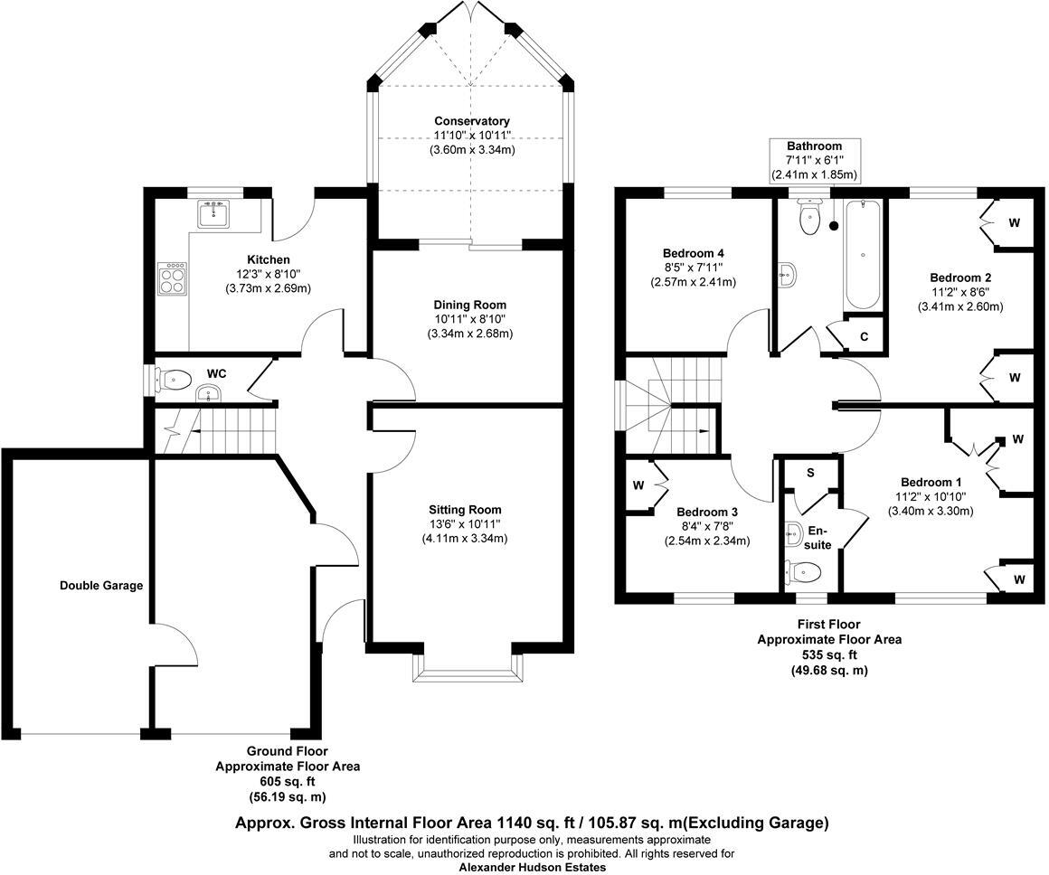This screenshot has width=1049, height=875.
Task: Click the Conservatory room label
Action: [x=472, y=121]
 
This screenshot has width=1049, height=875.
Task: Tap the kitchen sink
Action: [x=215, y=213]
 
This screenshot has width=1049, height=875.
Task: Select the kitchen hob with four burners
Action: [x=172, y=278]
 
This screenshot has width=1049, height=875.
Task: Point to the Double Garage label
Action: [x=101, y=585]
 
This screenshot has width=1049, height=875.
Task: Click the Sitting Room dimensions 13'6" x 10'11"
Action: [x=466, y=524]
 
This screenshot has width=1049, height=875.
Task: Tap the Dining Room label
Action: [x=470, y=305]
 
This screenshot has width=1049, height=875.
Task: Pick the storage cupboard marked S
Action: [x=810, y=473]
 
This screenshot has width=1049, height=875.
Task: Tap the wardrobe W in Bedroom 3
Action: [x=638, y=485]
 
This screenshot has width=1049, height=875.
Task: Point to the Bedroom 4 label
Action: [x=693, y=253]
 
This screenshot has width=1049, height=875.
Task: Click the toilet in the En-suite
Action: [x=804, y=571]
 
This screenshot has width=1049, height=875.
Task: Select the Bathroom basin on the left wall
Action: [x=787, y=274]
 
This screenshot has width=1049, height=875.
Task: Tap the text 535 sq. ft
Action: [x=829, y=654]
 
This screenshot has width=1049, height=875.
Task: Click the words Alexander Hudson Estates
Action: [x=532, y=867]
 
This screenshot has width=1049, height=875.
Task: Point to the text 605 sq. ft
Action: [x=287, y=782]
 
